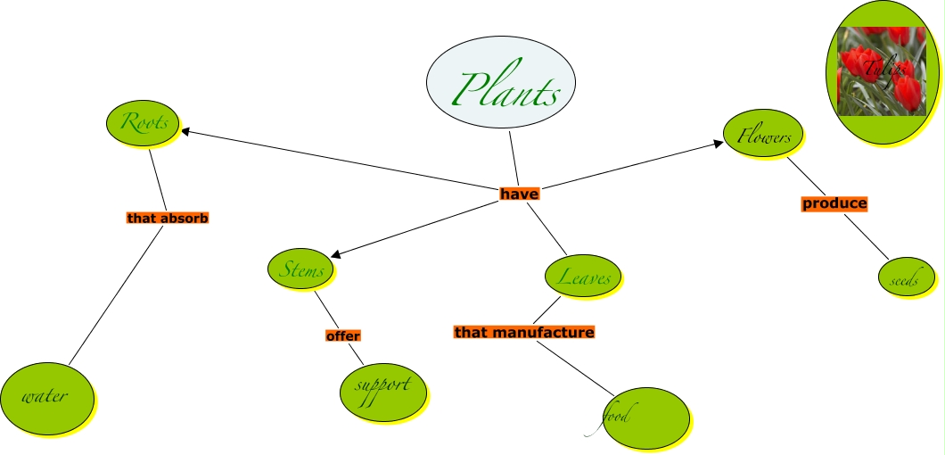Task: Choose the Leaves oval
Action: tap(583, 276)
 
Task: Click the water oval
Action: tap(46, 396)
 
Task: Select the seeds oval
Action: tap(909, 280)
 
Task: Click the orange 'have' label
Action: tap(519, 193)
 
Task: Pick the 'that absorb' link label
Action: tap(167, 217)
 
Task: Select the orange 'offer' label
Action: tap(342, 336)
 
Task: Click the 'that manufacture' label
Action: tap(523, 332)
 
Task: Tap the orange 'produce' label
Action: tap(834, 203)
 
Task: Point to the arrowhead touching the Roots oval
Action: tap(186, 132)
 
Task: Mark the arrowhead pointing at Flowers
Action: tap(719, 143)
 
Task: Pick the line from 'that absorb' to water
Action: tap(115, 295)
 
